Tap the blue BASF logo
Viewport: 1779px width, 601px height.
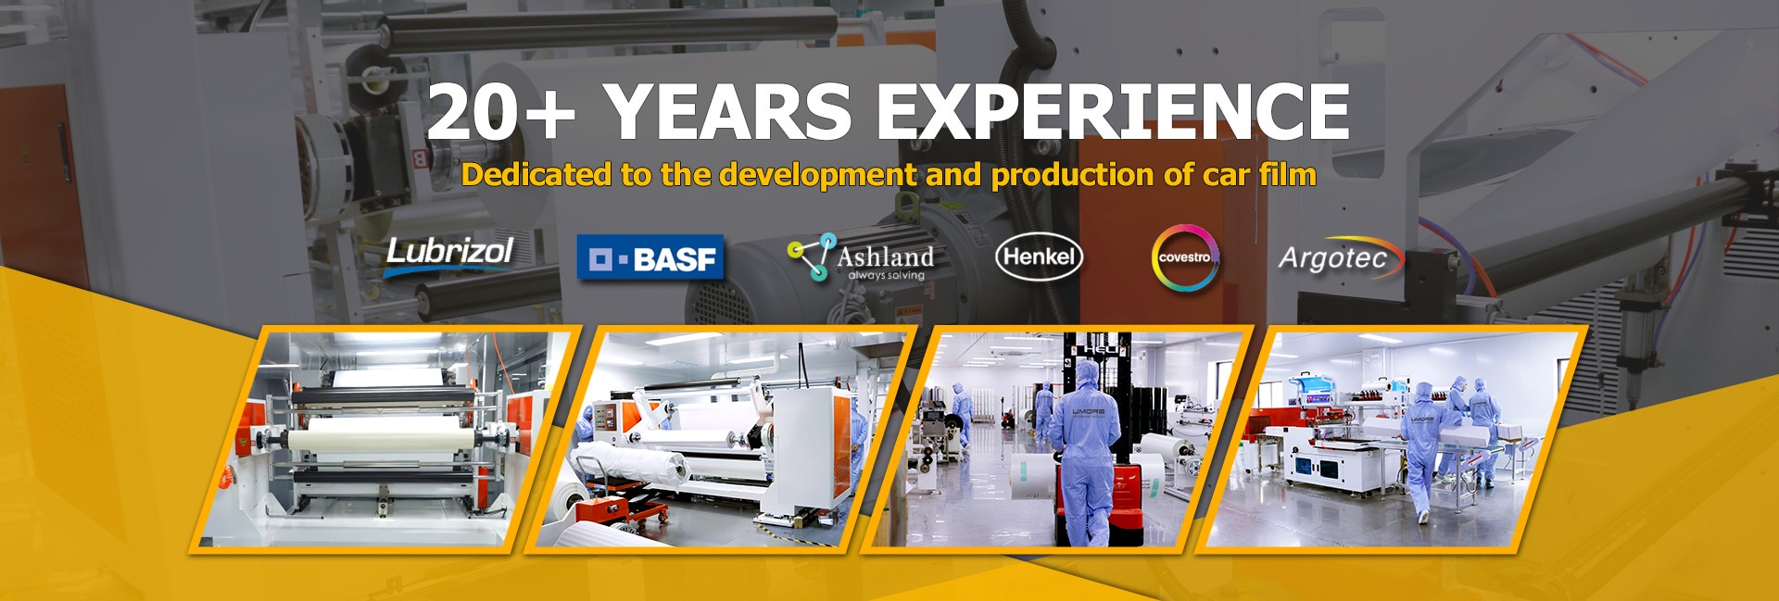click(x=650, y=257)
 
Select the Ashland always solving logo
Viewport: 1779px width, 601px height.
click(x=861, y=257)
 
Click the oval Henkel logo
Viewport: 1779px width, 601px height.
click(x=1039, y=257)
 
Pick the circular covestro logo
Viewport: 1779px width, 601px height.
click(x=1185, y=257)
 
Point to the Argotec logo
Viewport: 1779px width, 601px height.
click(x=1341, y=257)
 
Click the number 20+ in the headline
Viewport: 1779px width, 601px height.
click(x=500, y=111)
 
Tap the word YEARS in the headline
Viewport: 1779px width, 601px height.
click(x=728, y=111)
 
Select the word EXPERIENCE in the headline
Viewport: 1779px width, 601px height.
click(x=1113, y=111)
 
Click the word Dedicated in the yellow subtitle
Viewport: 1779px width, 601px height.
click(x=536, y=174)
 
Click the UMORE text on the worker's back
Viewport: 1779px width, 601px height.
click(x=1088, y=410)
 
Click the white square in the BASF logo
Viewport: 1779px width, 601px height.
click(x=601, y=258)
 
